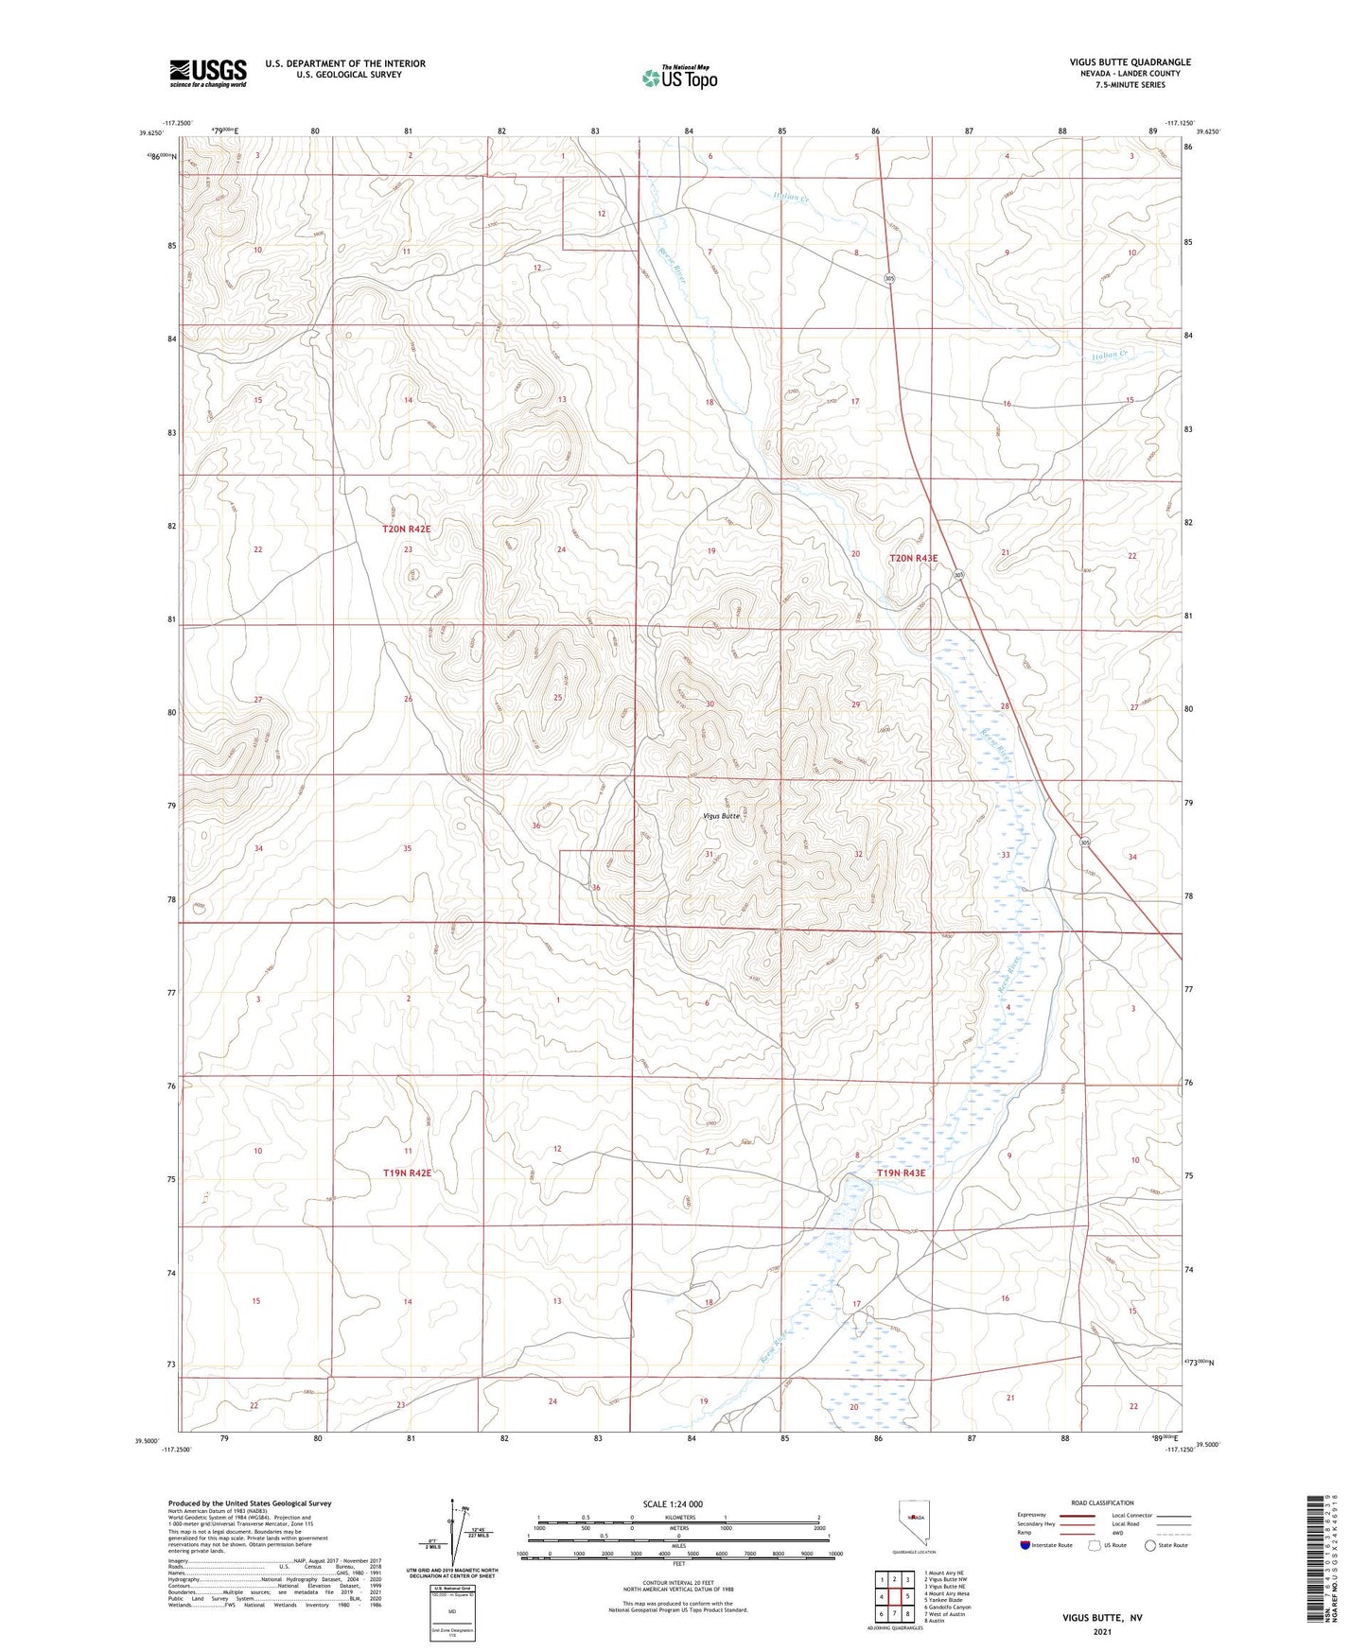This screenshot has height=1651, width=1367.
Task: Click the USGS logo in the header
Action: (x=207, y=73)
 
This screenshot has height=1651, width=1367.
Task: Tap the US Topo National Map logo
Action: (x=678, y=78)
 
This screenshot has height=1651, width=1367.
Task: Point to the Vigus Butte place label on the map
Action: (x=722, y=815)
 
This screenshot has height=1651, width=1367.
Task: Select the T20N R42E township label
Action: (x=406, y=530)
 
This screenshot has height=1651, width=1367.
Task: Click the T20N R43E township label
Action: (x=913, y=558)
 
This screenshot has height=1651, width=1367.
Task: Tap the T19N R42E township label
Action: (x=407, y=1173)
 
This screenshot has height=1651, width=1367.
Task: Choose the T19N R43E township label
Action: (x=901, y=1173)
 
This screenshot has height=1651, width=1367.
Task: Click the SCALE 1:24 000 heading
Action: (x=678, y=1504)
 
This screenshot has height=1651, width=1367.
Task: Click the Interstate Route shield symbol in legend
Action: (x=1025, y=1545)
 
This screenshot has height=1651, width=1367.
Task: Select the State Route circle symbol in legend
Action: (x=1149, y=1545)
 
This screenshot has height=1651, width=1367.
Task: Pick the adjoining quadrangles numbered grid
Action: (x=893, y=1597)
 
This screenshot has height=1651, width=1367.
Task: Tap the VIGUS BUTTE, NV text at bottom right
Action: (x=1102, y=1618)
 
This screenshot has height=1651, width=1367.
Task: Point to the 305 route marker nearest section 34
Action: (x=1086, y=842)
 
